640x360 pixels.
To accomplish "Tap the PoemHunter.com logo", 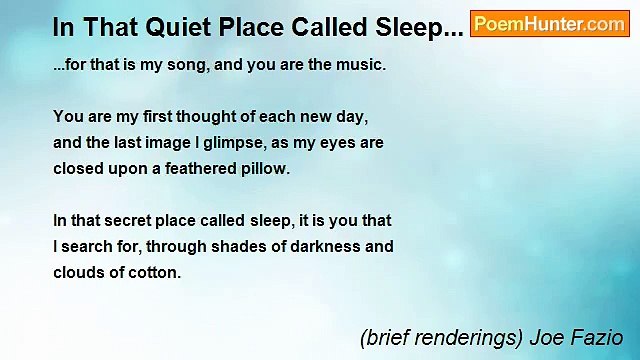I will [549, 24].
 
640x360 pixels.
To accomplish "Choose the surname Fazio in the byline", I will [598, 338].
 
